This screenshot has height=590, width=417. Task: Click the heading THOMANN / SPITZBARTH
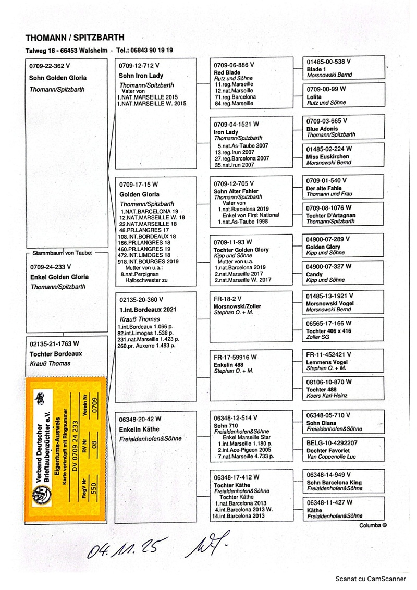(x=75, y=38)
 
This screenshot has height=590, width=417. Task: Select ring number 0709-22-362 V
(x=50, y=66)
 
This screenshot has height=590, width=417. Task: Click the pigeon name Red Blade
(x=227, y=72)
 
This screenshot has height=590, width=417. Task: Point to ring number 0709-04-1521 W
(x=237, y=125)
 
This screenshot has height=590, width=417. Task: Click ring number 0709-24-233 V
(x=51, y=267)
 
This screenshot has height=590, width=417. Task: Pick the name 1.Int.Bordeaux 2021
(x=148, y=309)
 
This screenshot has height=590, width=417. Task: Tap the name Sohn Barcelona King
(x=334, y=483)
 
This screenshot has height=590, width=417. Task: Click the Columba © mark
(x=373, y=525)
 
